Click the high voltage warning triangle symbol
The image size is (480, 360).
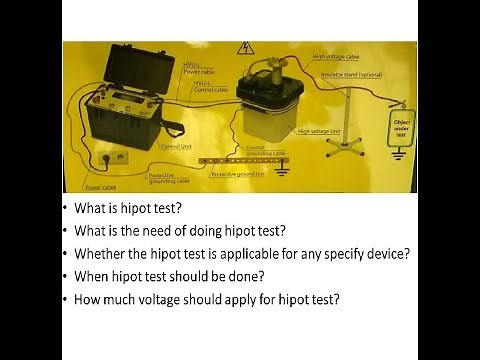(x=243, y=47)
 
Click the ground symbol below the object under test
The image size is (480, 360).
(x=400, y=153)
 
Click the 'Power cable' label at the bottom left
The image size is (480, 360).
(x=100, y=186)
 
